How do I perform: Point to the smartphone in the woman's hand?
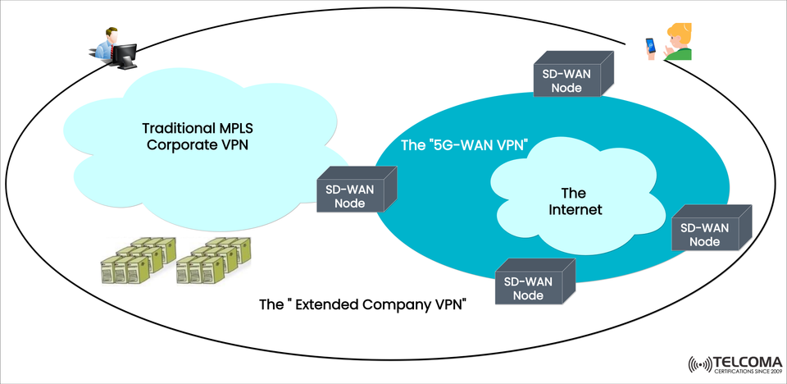651,45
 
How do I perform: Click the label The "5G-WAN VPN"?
462,145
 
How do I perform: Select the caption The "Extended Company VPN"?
362,305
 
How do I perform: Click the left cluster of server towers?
137,261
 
